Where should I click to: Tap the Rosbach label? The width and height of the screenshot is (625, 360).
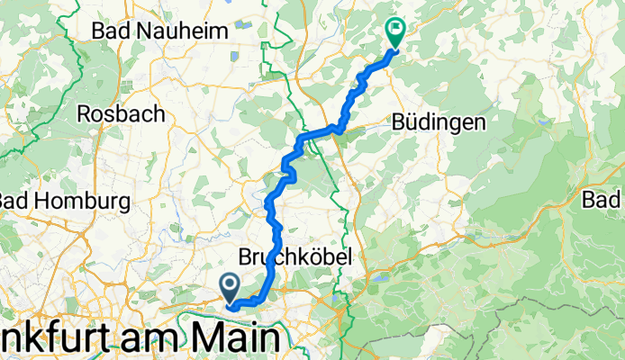click(x=121, y=114)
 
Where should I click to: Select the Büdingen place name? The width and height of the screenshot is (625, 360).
click(x=439, y=121)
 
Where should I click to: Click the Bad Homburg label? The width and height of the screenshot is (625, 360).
click(x=65, y=199)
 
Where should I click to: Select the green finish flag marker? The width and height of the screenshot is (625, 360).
click(x=394, y=32)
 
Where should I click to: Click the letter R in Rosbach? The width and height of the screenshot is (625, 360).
click(x=85, y=114)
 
